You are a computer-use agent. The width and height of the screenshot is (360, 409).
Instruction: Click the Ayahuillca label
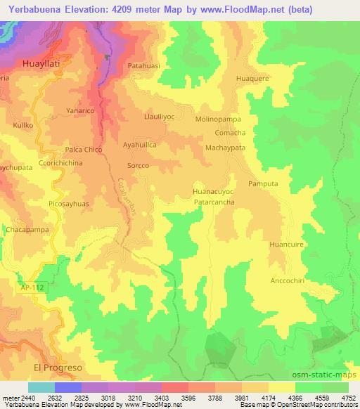click(x=139, y=144)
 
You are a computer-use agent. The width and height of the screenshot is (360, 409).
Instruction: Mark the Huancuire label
click(x=286, y=244)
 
